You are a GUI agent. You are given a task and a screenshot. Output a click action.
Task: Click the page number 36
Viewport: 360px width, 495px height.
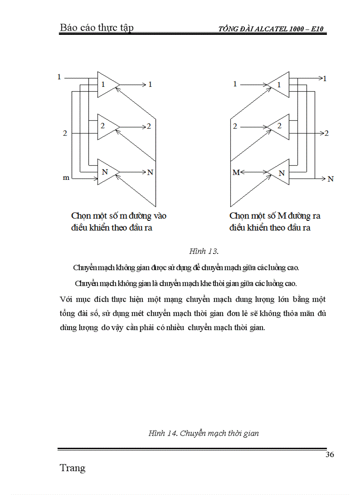[x=329, y=455]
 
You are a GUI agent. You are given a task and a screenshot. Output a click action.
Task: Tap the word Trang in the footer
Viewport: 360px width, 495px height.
[x=72, y=468]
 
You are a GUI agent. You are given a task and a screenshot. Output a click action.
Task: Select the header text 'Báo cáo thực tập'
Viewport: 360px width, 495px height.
[x=97, y=28]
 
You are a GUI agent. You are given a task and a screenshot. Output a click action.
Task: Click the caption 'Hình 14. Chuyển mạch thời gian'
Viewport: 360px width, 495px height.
[x=203, y=433]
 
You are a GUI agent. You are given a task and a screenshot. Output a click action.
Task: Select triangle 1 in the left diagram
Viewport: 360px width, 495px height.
[x=105, y=83]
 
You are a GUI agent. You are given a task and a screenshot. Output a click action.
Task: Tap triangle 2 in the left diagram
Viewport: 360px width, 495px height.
[x=105, y=126]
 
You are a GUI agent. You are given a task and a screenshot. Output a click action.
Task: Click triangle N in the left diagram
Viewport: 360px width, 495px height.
[x=106, y=171]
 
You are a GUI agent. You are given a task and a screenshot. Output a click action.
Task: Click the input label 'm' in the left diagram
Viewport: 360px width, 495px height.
[x=66, y=178]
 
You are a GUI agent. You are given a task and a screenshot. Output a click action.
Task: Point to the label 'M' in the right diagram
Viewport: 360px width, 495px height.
[x=236, y=173]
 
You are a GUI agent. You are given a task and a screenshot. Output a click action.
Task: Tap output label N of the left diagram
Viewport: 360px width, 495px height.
[x=150, y=172]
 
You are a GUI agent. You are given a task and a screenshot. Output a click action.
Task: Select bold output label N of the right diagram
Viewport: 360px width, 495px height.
[x=330, y=179]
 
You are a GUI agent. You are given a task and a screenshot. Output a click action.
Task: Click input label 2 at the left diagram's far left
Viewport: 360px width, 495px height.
[x=65, y=133]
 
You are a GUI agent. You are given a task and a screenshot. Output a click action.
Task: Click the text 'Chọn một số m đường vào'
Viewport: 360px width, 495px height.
[x=119, y=216]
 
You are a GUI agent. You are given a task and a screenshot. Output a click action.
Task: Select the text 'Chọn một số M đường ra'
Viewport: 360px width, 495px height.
[x=275, y=216]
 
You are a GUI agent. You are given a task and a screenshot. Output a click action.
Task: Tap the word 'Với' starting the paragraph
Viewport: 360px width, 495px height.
[x=66, y=299]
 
